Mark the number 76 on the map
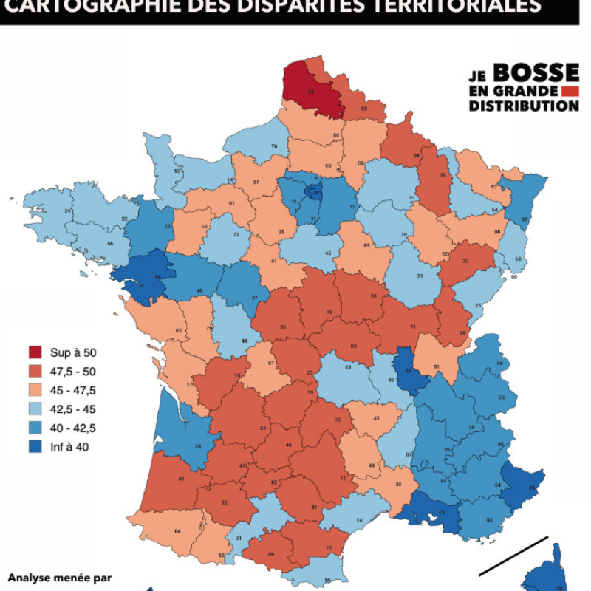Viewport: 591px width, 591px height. pos(274,146)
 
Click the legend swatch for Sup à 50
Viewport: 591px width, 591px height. pos(35,352)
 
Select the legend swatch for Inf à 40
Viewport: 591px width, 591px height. pos(35,445)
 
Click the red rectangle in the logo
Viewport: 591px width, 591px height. pos(569,91)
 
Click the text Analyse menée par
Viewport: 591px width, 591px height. pos(59,576)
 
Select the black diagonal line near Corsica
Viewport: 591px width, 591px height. pos(513,556)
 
